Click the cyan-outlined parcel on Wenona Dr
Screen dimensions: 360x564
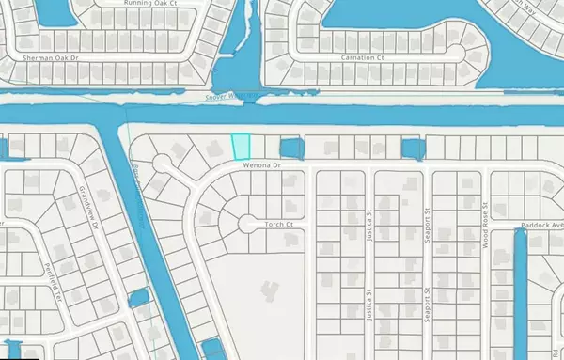click(243, 147)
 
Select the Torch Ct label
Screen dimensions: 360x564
click(280, 225)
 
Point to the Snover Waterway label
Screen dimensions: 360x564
click(231, 96)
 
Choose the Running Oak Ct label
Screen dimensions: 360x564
click(147, 4)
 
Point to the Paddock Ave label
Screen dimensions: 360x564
click(540, 226)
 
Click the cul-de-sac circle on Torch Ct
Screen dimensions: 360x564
click(247, 224)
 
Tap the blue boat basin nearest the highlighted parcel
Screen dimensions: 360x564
click(291, 149)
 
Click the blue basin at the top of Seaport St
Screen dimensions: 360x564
click(413, 149)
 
